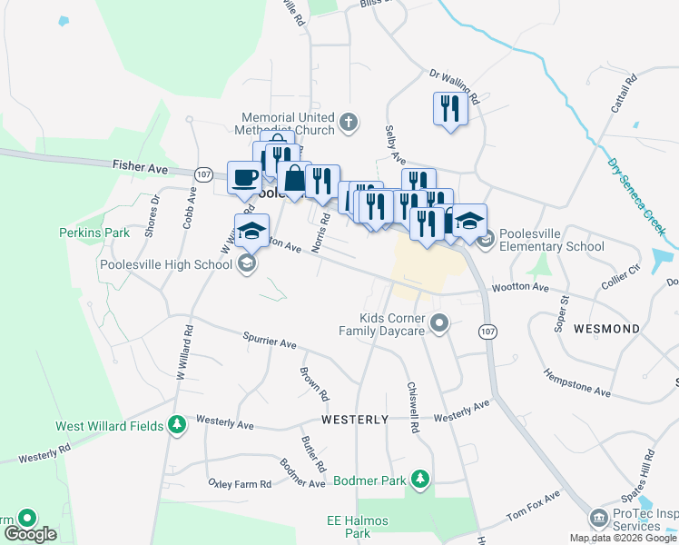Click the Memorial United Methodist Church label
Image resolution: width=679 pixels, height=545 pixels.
pyautogui.click(x=288, y=124)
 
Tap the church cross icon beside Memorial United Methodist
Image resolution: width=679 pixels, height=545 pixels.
pyautogui.click(x=349, y=123)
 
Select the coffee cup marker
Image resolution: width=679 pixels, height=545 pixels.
pyautogui.click(x=243, y=177)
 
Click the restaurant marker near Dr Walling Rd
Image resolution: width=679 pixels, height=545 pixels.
pyautogui.click(x=449, y=109)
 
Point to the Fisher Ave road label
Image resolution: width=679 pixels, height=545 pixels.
pyautogui.click(x=140, y=167)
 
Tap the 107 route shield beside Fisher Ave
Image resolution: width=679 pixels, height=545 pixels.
pyautogui.click(x=203, y=173)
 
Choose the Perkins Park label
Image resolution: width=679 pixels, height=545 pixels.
pyautogui.click(x=94, y=233)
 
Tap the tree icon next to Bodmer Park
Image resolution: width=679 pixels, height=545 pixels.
pyautogui.click(x=419, y=478)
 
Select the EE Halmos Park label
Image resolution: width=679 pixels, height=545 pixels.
pyautogui.click(x=349, y=527)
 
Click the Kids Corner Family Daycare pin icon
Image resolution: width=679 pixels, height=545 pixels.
pyautogui.click(x=440, y=323)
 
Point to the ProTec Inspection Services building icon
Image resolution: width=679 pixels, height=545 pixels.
pyautogui.click(x=598, y=518)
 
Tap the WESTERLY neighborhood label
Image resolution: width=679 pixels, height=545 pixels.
pyautogui.click(x=355, y=420)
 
